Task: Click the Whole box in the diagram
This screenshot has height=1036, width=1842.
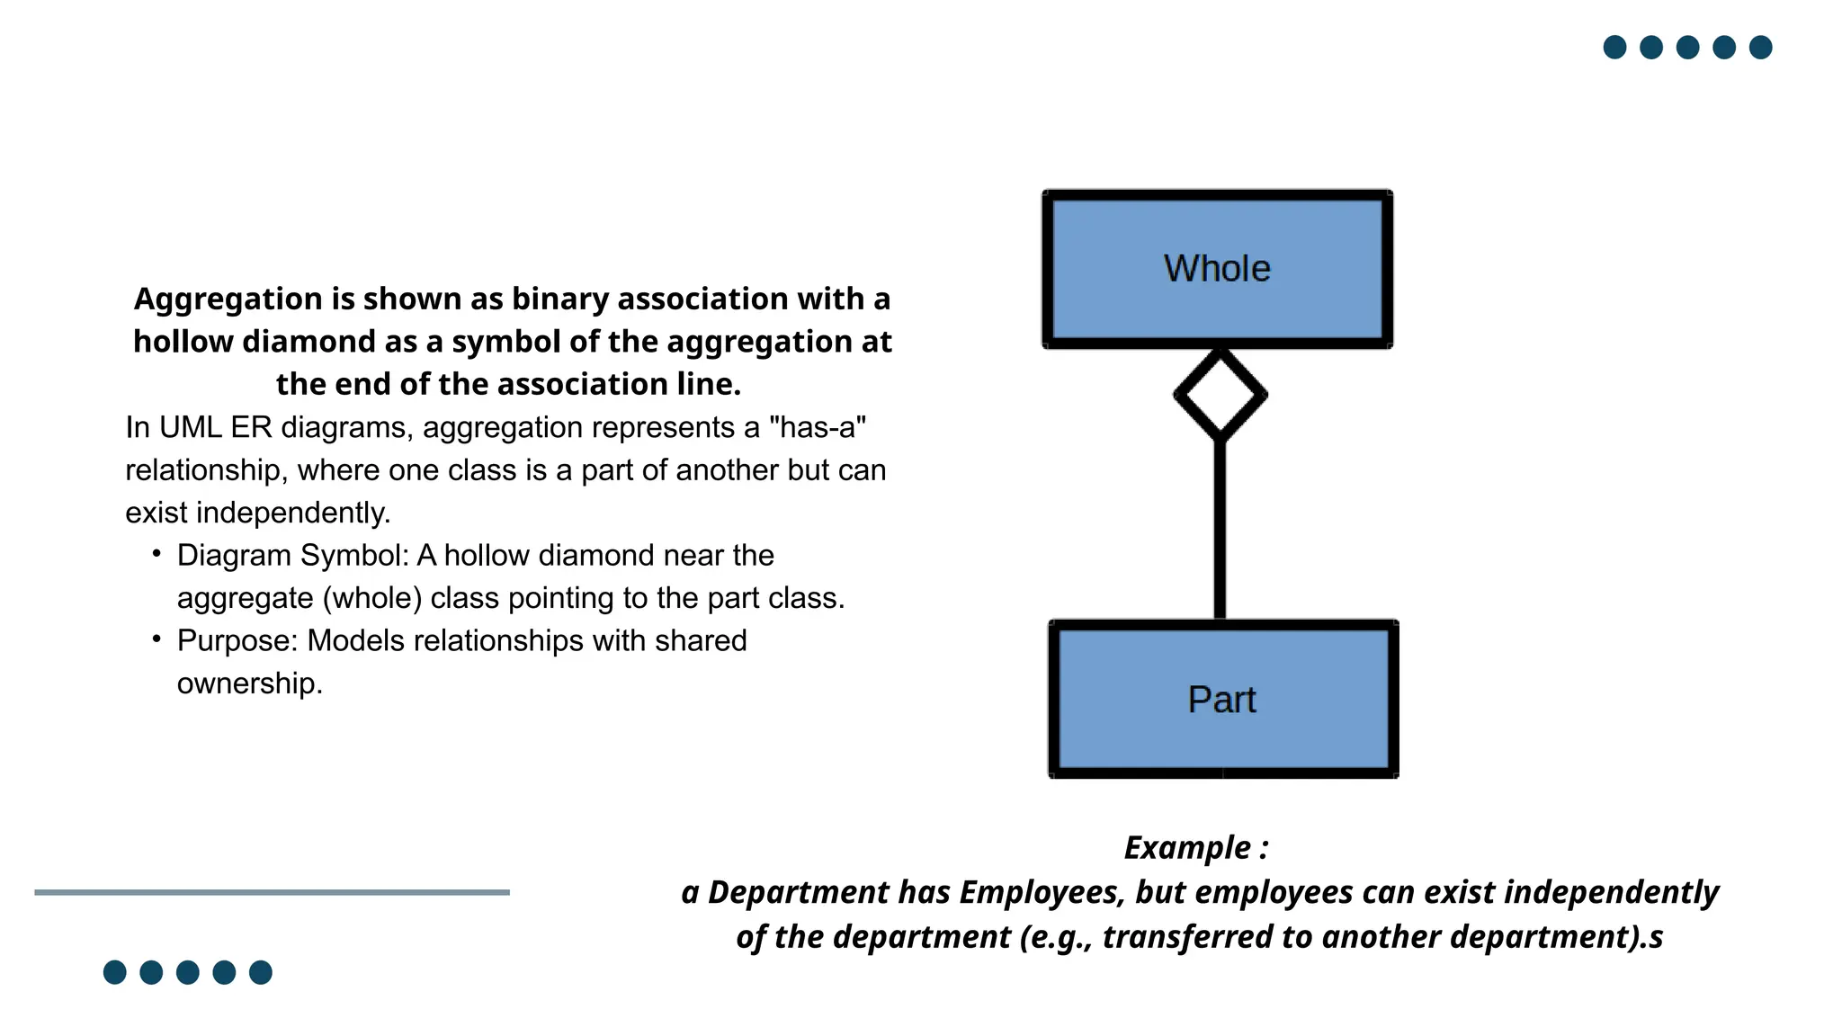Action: [x=1217, y=269]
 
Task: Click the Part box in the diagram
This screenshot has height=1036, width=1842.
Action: [x=1222, y=700]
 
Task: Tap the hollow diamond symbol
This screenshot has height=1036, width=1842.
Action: [x=1220, y=395]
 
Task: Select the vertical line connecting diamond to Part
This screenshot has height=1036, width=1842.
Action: [x=1220, y=531]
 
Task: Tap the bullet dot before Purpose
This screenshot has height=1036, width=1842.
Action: [x=156, y=639]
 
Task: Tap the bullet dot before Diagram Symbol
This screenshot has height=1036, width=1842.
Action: [x=156, y=553]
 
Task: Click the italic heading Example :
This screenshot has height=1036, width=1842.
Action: [x=1195, y=848]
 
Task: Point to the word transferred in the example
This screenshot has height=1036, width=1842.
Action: [x=1186, y=937]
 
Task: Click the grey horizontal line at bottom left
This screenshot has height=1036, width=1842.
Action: [x=272, y=892]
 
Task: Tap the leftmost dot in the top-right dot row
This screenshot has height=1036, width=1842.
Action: [x=1614, y=47]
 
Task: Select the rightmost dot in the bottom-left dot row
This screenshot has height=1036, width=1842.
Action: [x=261, y=972]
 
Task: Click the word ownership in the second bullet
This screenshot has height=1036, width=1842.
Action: [x=248, y=683]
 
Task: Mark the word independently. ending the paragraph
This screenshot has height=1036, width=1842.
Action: [x=293, y=513]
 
